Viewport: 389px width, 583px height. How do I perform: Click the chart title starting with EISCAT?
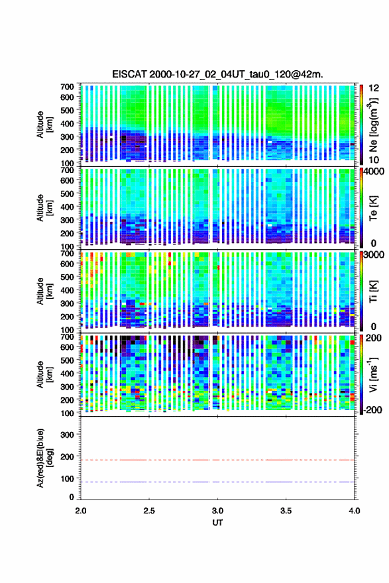click(217, 74)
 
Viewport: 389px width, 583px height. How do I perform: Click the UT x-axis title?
click(217, 523)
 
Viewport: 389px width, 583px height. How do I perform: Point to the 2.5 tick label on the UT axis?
click(149, 511)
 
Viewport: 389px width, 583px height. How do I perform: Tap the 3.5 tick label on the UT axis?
click(286, 511)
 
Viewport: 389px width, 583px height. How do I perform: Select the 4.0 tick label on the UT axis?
click(355, 511)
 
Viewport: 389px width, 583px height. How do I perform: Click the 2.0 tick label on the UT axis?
click(81, 511)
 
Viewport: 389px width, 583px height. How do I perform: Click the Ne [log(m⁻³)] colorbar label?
click(373, 125)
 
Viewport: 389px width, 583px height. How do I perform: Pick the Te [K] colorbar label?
click(373, 208)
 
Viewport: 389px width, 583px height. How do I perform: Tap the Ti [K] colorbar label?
click(373, 291)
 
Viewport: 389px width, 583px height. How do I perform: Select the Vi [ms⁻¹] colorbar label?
click(373, 375)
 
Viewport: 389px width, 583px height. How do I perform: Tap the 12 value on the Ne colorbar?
click(374, 88)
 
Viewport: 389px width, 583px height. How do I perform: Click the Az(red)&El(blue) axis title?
click(44, 458)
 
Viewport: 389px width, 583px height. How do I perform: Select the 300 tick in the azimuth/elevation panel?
click(67, 435)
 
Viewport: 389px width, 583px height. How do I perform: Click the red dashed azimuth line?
click(217, 460)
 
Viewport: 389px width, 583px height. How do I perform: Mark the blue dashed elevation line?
click(217, 482)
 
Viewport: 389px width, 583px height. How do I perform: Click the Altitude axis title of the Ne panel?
click(44, 125)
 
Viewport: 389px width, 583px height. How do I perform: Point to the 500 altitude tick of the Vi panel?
click(67, 360)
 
